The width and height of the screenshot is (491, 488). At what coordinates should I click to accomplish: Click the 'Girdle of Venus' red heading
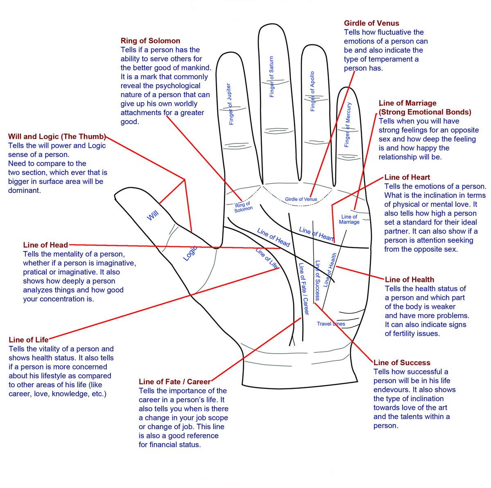click(x=371, y=23)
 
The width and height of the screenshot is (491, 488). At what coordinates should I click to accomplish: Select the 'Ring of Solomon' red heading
click(x=150, y=41)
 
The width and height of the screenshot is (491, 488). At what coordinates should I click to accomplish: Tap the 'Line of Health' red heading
click(x=409, y=280)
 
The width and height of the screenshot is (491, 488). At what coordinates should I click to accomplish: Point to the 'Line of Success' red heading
click(x=402, y=363)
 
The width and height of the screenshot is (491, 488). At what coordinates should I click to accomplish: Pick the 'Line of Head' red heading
click(x=45, y=245)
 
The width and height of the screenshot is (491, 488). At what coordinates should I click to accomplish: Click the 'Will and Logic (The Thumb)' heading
click(x=57, y=136)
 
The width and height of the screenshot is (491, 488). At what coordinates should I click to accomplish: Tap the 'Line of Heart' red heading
click(x=407, y=177)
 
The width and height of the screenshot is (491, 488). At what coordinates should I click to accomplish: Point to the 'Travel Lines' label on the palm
click(x=331, y=324)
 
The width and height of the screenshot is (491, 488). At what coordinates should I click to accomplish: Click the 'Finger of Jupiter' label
click(x=230, y=104)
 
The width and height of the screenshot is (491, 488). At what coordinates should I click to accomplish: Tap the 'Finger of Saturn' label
click(x=272, y=77)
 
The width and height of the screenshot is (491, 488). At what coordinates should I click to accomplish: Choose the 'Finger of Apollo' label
click(x=313, y=91)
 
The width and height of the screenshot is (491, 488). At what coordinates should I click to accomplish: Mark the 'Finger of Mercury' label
click(x=347, y=124)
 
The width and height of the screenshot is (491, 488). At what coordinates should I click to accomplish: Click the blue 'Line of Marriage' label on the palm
click(x=349, y=219)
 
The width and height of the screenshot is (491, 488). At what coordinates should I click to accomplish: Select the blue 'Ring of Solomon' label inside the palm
click(x=243, y=207)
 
